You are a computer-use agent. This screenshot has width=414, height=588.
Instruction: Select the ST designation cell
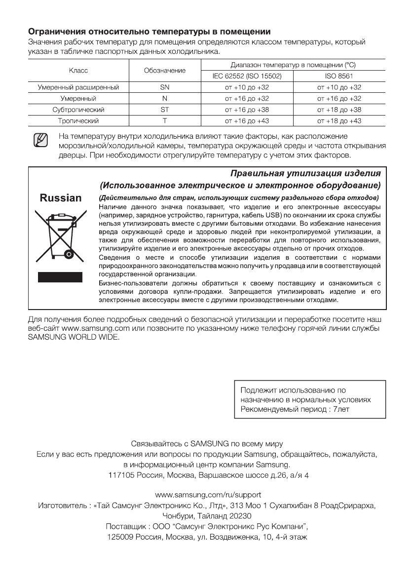pos(165,110)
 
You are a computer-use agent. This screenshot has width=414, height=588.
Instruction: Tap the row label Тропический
pos(78,120)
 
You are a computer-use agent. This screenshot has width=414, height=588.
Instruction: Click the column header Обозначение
pos(165,71)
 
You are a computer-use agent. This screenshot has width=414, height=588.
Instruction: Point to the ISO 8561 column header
pos(339,77)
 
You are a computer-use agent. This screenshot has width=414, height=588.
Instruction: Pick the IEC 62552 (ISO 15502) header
pos(247,77)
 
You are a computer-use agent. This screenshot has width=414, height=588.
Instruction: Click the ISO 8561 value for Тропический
pos(339,120)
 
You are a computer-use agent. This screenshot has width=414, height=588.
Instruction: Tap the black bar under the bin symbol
pos(60,276)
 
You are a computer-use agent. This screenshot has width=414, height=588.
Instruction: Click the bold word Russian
pos(61,198)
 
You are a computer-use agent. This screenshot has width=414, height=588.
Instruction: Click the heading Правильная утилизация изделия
pos(306,174)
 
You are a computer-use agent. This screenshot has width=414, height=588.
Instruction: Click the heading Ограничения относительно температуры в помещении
pos(149,32)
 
